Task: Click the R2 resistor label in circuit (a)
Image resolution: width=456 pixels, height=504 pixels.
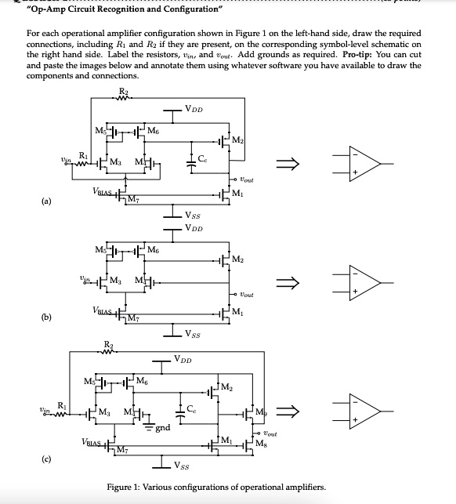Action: pyautogui.click(x=122, y=92)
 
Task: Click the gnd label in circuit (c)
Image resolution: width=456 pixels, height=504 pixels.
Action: pyautogui.click(x=163, y=429)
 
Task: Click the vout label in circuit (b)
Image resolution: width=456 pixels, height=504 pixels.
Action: pyautogui.click(x=253, y=296)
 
